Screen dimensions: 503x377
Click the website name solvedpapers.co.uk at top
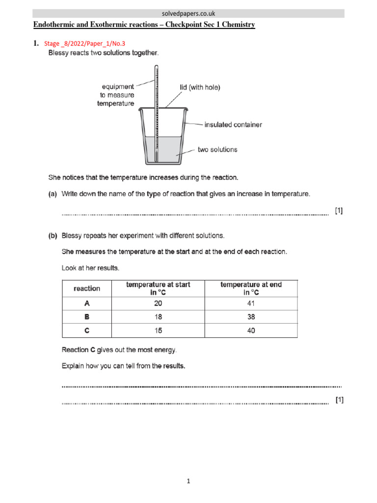pos(188,13)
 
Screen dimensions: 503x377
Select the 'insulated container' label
pos(233,125)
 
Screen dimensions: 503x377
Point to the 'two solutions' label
pos(217,149)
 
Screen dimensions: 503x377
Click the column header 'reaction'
pos(86,288)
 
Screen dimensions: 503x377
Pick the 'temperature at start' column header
pos(158,288)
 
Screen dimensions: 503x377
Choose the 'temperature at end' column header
pos(251,288)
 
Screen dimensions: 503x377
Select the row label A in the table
pos(86,304)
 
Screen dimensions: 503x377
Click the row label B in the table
pos(86,317)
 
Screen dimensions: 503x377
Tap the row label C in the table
pos(86,331)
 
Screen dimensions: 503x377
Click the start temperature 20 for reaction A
pos(158,304)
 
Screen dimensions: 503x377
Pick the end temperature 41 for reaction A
pos(251,304)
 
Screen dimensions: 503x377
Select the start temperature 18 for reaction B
pos(158,317)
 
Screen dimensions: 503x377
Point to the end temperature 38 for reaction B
pos(251,317)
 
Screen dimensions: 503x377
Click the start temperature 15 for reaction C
pos(158,331)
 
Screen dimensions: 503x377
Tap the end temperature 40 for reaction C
pos(251,331)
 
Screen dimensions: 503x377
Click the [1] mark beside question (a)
pos(339,211)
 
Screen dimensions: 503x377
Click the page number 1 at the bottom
pos(188,482)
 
